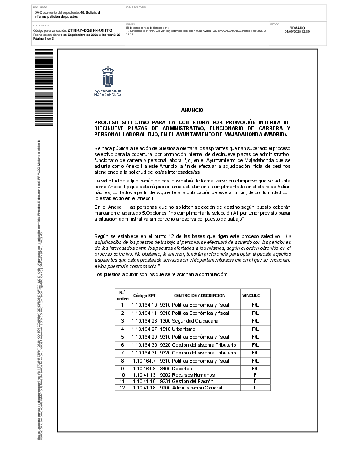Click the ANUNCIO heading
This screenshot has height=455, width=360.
point(192,111)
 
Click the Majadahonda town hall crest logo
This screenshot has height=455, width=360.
point(108,77)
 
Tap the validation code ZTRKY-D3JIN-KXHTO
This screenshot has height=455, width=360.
point(90,30)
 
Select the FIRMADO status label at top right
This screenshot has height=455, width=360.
point(297,28)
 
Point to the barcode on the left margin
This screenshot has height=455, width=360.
point(37,87)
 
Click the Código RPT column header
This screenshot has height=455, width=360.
point(144,295)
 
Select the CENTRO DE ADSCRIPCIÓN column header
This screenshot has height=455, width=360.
point(199,295)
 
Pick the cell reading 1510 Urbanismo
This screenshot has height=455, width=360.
point(177,329)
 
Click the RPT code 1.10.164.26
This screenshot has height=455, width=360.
point(144,321)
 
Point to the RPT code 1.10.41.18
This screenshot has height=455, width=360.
point(144,388)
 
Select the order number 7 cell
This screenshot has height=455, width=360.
point(122,353)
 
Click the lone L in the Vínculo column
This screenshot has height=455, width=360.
point(255,388)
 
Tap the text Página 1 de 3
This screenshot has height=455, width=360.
point(43,39)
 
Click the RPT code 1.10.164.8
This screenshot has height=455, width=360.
point(144,369)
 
